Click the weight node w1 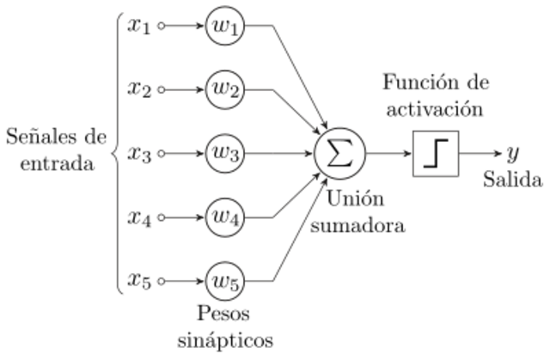click(x=226, y=26)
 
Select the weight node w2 click(x=226, y=89)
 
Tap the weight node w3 click(x=226, y=154)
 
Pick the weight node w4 click(x=226, y=217)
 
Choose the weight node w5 click(x=226, y=281)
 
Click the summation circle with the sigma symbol click(x=339, y=154)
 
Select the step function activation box click(x=436, y=154)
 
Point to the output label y click(x=512, y=155)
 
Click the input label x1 click(x=139, y=26)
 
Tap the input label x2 click(x=139, y=89)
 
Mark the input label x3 click(x=139, y=154)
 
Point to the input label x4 click(x=139, y=217)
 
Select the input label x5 click(x=139, y=281)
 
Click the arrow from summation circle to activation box click(x=388, y=154)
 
